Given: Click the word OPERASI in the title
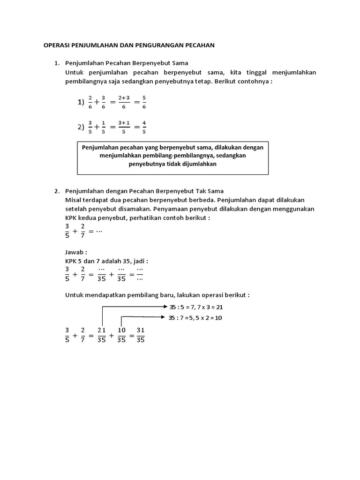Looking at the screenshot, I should click(56, 45).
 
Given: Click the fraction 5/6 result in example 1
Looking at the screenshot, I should click(143, 102).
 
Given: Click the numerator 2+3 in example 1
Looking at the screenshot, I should click(124, 97).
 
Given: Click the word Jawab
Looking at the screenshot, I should click(75, 252).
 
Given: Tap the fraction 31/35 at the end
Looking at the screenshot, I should click(140, 335).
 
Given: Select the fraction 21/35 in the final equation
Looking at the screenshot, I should click(102, 335).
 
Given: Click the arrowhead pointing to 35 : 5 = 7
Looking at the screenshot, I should click(165, 307).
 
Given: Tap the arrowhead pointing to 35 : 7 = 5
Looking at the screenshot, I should click(165, 317).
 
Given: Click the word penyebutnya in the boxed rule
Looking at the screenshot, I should click(148, 164).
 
